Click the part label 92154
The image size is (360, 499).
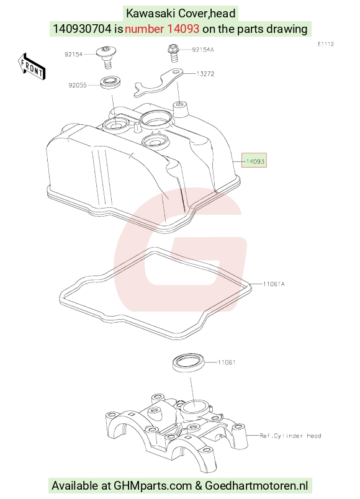[x=73, y=55]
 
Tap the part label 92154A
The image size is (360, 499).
[x=203, y=50]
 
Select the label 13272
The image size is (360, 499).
[x=205, y=74]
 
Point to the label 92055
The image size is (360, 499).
[x=78, y=85]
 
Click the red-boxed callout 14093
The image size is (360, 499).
[x=254, y=161]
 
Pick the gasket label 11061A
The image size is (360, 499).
[x=274, y=284]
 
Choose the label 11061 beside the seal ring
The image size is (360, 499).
[x=227, y=362]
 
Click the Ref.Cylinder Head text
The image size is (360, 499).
[x=290, y=436]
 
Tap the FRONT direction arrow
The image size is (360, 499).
[x=31, y=66]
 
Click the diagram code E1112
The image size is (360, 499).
[x=326, y=44]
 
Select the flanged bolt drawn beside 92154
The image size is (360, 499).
[x=106, y=56]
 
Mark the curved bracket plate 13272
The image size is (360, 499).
[x=158, y=83]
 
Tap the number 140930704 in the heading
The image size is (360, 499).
[x=83, y=29]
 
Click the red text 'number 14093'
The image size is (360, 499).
[x=162, y=29]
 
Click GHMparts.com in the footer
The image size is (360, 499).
[x=153, y=485]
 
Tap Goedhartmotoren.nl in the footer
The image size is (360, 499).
[x=256, y=485]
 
